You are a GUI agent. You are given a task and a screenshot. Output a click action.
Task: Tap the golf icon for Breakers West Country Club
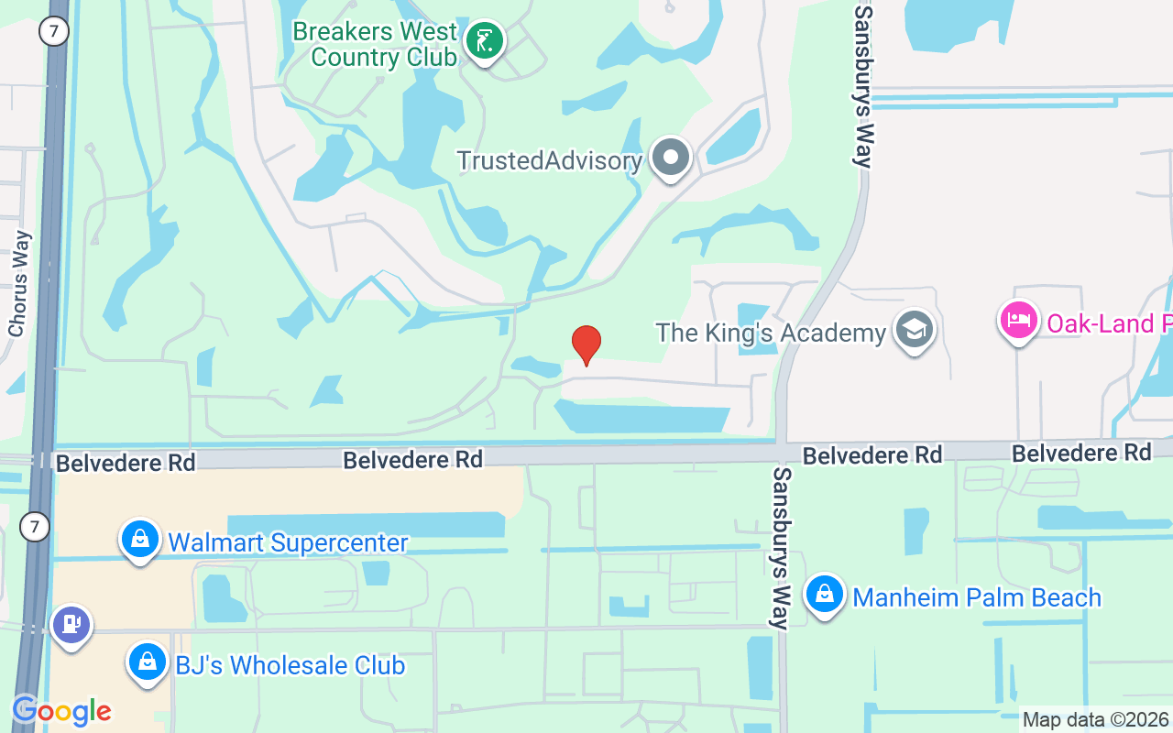[484, 40]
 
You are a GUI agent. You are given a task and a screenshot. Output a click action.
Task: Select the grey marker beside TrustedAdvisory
[671, 158]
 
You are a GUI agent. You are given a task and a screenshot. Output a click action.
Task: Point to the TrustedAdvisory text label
[549, 160]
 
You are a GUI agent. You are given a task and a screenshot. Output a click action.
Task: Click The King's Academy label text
[771, 332]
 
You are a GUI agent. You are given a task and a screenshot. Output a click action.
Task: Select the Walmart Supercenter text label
[288, 542]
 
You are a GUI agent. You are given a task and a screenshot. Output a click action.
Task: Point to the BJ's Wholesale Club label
[291, 665]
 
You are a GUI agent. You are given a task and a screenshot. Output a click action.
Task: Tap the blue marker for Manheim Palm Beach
[825, 595]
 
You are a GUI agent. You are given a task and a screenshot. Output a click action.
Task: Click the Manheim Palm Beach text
[977, 597]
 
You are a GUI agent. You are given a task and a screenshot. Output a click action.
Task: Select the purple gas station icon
[71, 625]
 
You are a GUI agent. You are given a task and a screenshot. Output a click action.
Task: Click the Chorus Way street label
[18, 283]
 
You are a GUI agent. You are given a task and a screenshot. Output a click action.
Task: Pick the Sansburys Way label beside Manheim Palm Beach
[781, 548]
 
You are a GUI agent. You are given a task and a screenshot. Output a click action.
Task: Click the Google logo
[60, 711]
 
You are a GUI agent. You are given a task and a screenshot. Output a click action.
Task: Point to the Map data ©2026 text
[1095, 720]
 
